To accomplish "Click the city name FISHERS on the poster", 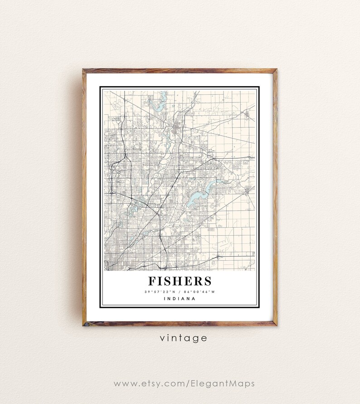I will [x=179, y=281].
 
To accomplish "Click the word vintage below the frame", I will [x=183, y=338].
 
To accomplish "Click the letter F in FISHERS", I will [x=152, y=281].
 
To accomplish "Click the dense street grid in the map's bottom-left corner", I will [x=116, y=254].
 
